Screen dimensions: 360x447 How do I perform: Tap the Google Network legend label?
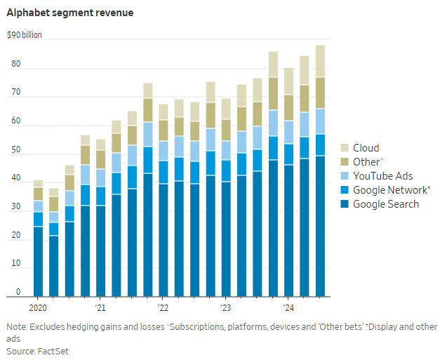pyautogui.click(x=389, y=190)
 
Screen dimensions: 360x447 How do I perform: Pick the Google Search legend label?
pyautogui.click(x=386, y=204)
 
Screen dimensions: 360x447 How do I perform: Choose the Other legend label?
pyautogui.click(x=368, y=162)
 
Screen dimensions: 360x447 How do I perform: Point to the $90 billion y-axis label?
pyautogui.click(x=25, y=34)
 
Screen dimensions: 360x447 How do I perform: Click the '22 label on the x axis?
pyautogui.click(x=163, y=307)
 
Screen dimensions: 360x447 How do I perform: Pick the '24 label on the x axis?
pyautogui.click(x=288, y=307)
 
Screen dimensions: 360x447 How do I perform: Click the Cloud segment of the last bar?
pyautogui.click(x=320, y=61)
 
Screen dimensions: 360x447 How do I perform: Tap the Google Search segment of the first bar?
pyautogui.click(x=38, y=260)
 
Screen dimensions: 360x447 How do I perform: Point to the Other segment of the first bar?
pyautogui.click(x=38, y=194)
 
